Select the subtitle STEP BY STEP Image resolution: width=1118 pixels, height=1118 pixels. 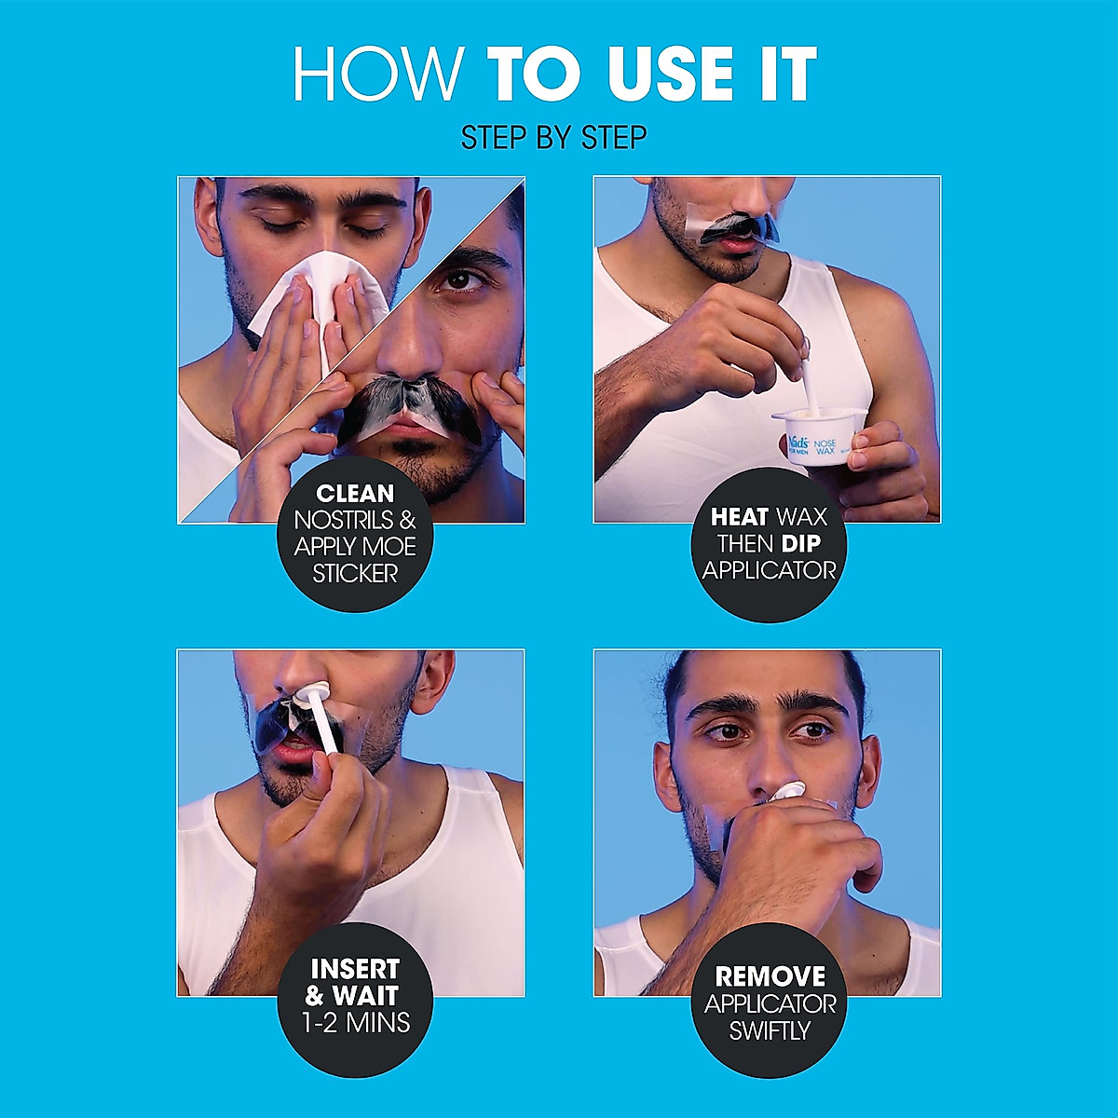554,138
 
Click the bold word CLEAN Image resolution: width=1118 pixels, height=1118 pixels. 355,494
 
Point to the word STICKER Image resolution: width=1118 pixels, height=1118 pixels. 355,573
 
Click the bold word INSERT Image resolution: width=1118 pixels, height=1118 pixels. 354,969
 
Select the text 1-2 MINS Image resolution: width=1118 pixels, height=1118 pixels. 356,1023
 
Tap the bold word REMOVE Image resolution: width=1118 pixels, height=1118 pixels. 770,976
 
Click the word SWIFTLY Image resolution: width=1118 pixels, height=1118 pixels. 770,1031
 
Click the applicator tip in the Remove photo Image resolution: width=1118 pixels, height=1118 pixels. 787,791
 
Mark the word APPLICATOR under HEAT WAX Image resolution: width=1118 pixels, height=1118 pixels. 770,570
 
